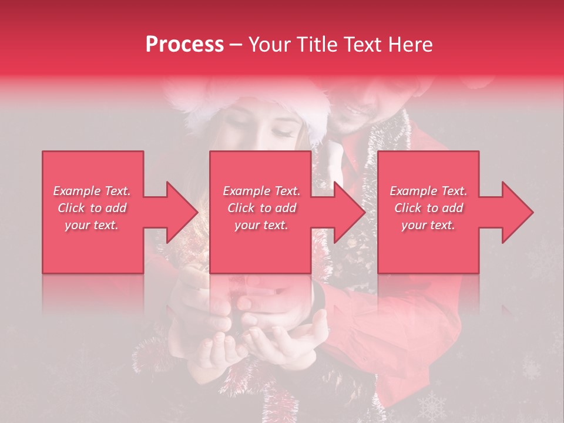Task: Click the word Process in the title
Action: tap(184, 45)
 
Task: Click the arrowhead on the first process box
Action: tap(182, 212)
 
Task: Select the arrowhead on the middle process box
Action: tap(350, 212)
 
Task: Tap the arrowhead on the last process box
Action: tap(518, 212)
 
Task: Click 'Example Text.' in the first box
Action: tap(92, 191)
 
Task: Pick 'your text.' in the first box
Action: tap(92, 225)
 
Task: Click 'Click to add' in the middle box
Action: tap(261, 208)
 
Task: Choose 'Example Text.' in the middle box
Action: tap(261, 191)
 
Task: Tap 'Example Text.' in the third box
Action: tap(428, 191)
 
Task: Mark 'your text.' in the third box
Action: tap(428, 225)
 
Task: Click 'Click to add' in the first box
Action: tap(92, 208)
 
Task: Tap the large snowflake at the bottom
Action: tap(432, 405)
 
